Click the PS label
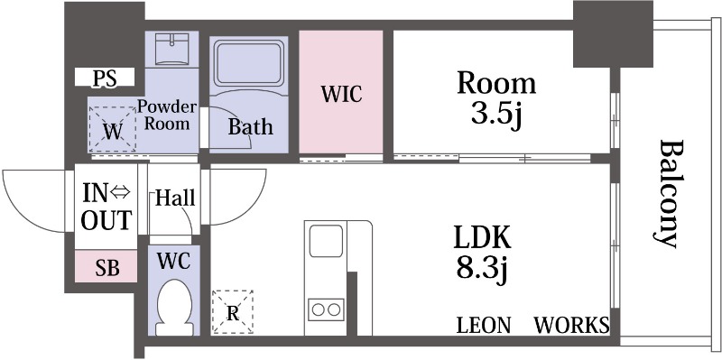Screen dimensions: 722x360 pyautogui.click(x=105, y=78)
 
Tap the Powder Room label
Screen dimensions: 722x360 pyautogui.click(x=167, y=115)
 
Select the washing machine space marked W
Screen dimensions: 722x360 pyautogui.click(x=112, y=129)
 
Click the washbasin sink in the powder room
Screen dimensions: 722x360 pyautogui.click(x=171, y=49)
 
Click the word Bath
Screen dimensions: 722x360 pyautogui.click(x=250, y=127)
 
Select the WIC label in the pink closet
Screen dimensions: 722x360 pyautogui.click(x=341, y=94)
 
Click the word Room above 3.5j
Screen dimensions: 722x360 pyautogui.click(x=495, y=83)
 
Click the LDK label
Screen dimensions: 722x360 pyautogui.click(x=482, y=238)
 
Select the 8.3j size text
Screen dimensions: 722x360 pyautogui.click(x=482, y=269)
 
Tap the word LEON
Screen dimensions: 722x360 pyautogui.click(x=484, y=325)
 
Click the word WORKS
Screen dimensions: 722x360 pyautogui.click(x=571, y=325)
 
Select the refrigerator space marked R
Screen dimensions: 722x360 pyautogui.click(x=233, y=312)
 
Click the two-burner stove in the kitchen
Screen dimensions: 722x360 pyautogui.click(x=326, y=309)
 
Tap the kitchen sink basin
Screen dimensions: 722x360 pyautogui.click(x=326, y=241)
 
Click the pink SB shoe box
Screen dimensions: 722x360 pyautogui.click(x=106, y=266)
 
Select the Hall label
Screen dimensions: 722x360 pyautogui.click(x=175, y=198)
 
